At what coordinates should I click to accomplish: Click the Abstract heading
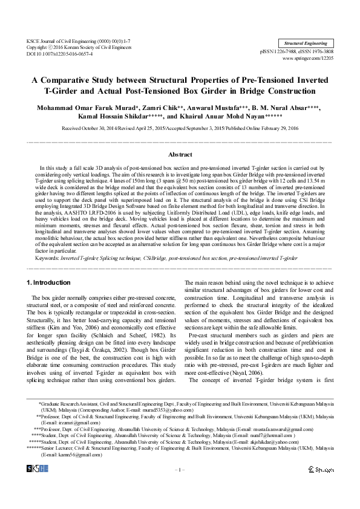click(180, 155)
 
